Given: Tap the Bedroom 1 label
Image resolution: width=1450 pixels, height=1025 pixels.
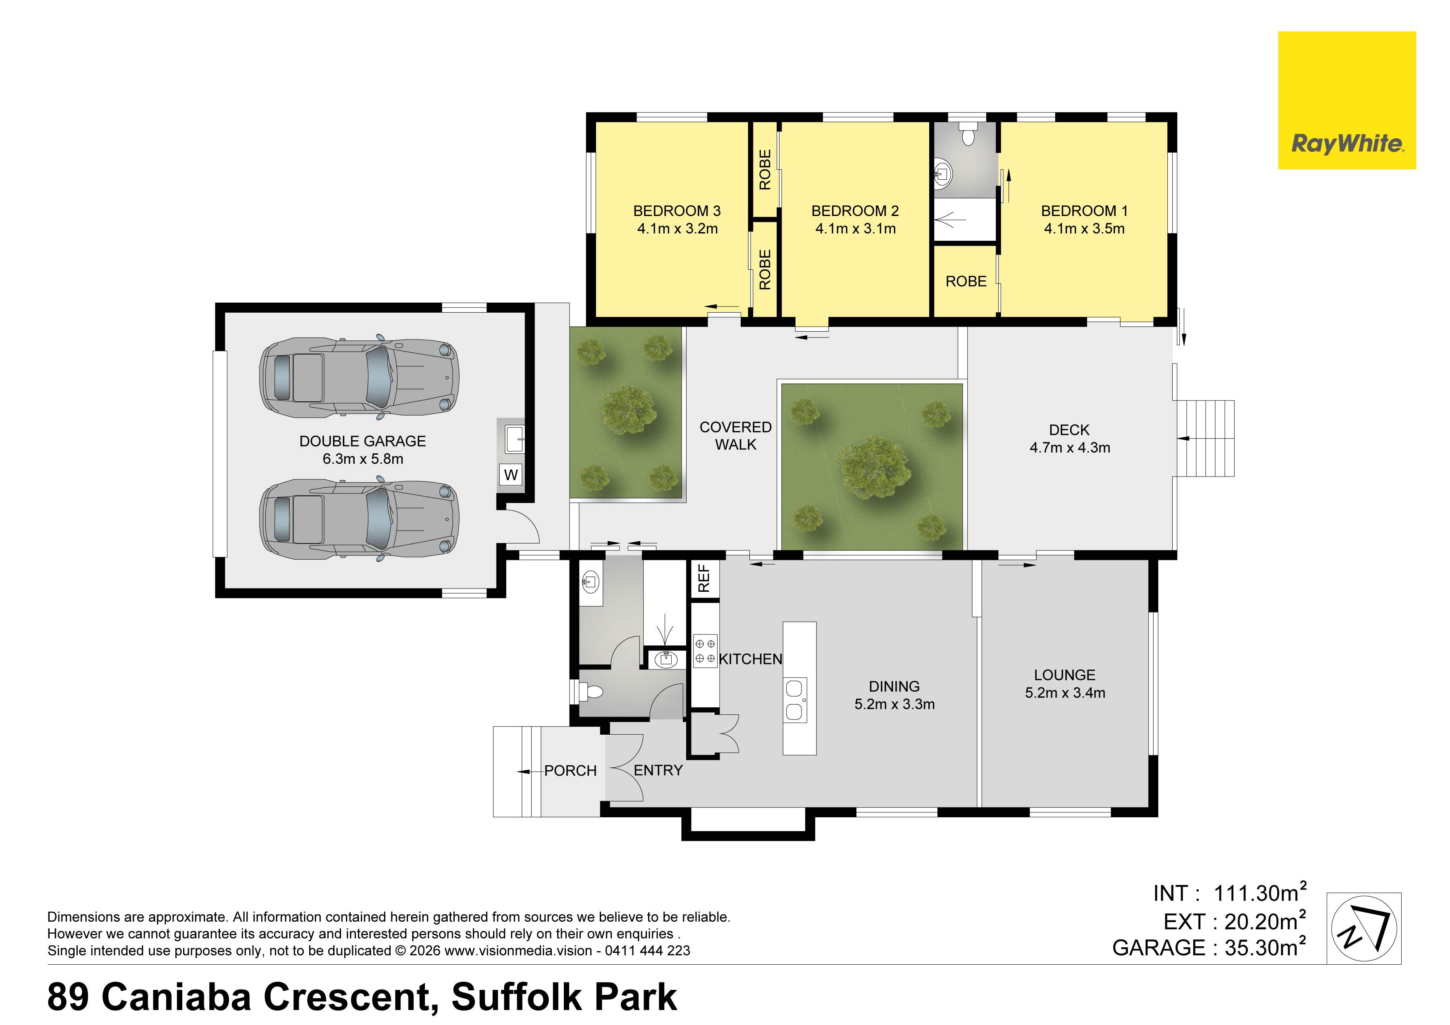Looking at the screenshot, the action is (x=1084, y=211).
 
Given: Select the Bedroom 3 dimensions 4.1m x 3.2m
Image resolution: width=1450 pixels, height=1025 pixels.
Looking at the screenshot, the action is (x=677, y=228).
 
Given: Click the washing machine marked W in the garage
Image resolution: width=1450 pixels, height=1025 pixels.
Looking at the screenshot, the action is (x=511, y=474).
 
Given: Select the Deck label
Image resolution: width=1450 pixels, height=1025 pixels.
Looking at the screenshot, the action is (x=1069, y=430).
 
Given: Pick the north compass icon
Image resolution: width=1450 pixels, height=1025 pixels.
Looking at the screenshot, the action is (x=1364, y=928).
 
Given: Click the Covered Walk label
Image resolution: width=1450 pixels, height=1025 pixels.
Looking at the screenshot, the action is (x=736, y=436).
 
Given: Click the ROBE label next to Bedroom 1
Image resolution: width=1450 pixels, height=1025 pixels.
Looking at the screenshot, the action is (x=966, y=282).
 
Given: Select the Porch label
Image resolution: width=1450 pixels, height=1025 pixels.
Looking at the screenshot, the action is (x=570, y=771).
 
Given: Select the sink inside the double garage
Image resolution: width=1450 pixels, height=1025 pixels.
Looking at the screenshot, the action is (x=515, y=436).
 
